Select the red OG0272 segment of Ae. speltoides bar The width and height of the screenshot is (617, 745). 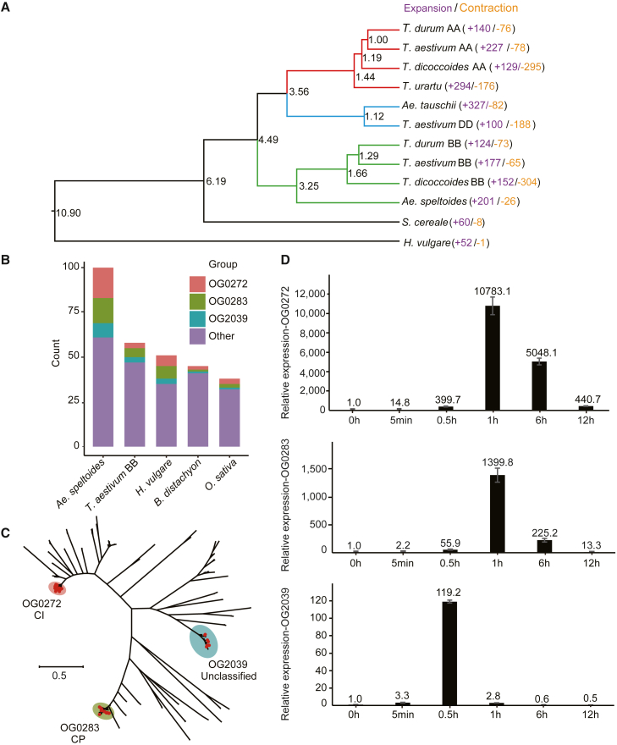(114, 283)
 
